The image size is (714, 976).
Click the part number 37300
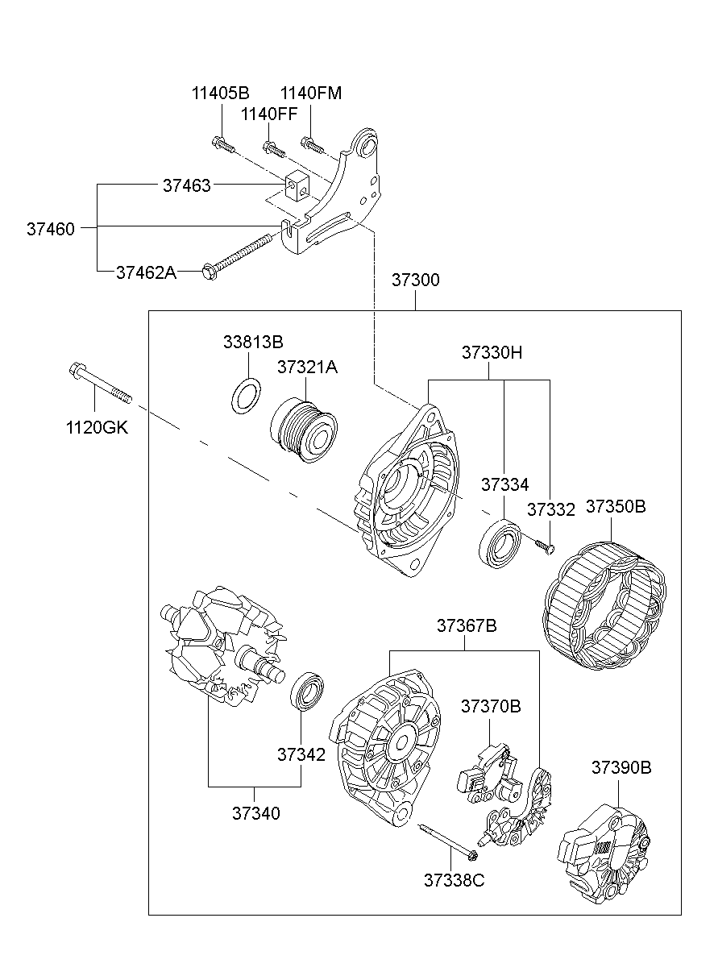[415, 281]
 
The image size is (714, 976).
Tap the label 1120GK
[97, 427]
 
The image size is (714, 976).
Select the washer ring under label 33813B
[245, 395]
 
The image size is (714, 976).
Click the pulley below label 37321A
[304, 431]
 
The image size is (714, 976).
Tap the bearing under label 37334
[500, 544]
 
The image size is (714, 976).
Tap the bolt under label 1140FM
[313, 145]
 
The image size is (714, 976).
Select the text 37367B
[467, 625]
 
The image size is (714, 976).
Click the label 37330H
[492, 353]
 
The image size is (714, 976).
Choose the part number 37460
[50, 230]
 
